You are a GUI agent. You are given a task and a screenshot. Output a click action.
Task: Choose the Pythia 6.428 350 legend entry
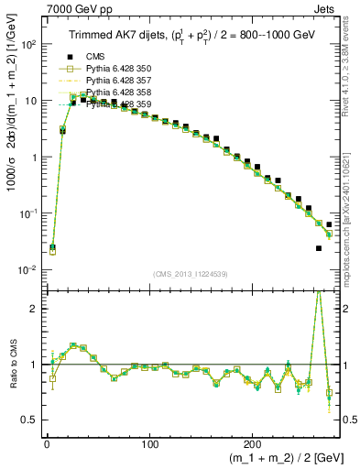(123, 70)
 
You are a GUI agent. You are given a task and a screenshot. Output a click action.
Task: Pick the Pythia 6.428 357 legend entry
(123, 82)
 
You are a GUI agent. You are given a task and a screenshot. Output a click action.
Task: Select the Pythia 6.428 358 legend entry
(123, 93)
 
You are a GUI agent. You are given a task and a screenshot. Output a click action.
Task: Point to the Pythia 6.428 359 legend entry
(123, 105)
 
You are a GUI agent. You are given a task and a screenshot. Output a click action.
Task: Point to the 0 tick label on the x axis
(47, 439)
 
